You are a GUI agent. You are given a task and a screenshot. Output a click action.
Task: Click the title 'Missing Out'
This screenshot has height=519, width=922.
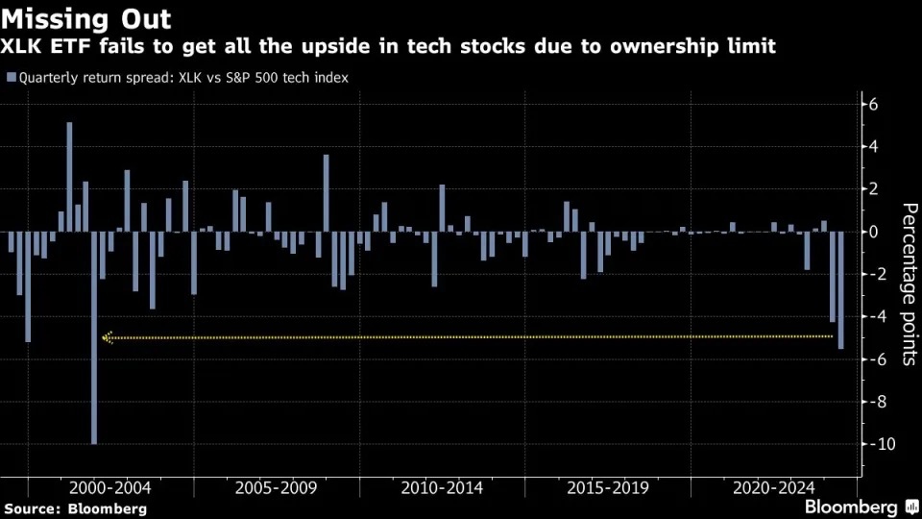(x=85, y=19)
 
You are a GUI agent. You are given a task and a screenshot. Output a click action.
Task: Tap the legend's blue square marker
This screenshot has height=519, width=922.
(x=12, y=77)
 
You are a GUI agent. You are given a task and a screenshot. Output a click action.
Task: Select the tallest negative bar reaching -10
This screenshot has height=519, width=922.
(x=94, y=337)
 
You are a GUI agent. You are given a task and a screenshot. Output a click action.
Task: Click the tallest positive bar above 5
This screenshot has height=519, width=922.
(x=69, y=177)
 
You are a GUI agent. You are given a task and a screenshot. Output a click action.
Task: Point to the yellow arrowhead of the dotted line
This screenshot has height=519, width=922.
(x=107, y=337)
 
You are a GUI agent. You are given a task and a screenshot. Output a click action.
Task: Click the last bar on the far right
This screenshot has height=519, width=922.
(x=841, y=290)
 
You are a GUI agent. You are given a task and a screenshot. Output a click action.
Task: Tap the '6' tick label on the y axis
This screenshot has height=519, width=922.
(x=873, y=104)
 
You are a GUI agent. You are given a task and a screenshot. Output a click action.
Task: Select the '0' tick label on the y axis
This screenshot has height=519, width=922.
(x=873, y=232)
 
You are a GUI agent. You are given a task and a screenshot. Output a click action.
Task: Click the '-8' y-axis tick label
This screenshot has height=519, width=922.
(x=874, y=402)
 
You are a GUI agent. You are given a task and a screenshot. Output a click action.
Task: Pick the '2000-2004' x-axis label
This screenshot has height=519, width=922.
(x=109, y=488)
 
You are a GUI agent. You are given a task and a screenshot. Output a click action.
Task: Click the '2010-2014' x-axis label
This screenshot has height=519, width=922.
(x=442, y=488)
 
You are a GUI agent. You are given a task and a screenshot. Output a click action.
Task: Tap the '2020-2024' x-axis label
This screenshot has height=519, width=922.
(x=774, y=488)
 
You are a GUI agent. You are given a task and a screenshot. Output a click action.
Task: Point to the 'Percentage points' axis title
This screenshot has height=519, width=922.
(x=910, y=284)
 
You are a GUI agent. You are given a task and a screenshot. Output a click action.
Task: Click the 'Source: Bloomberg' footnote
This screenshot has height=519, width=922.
(x=75, y=509)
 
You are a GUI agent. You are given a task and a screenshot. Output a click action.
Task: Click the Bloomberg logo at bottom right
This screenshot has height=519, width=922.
(x=861, y=507)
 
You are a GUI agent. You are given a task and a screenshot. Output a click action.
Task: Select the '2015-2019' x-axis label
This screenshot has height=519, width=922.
(x=608, y=488)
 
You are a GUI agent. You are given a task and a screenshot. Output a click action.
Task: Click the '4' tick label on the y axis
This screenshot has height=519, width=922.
(x=873, y=146)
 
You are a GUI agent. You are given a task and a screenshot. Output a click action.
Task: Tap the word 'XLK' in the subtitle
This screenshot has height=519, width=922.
(x=20, y=46)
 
